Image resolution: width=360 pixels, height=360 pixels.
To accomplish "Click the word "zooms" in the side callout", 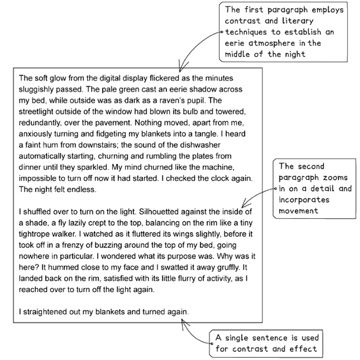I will click(x=339, y=178).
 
